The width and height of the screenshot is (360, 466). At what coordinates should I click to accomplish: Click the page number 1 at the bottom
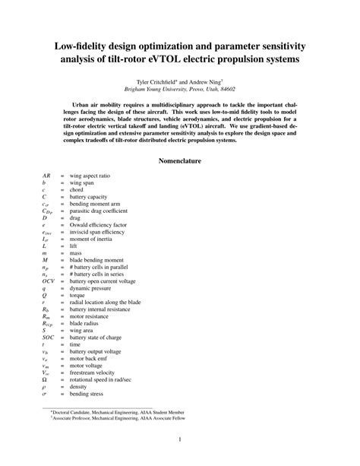[180, 439]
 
